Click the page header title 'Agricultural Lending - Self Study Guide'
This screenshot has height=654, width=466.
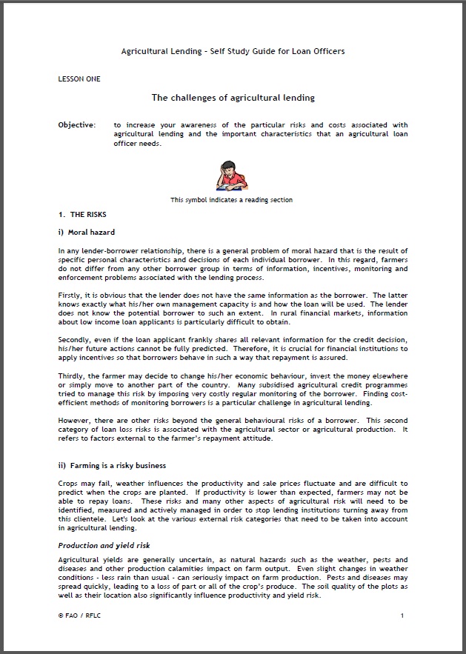(233, 51)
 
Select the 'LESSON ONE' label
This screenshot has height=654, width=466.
(79, 78)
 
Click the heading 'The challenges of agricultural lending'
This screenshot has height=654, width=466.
(233, 98)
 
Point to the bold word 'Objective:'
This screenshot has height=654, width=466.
(77, 125)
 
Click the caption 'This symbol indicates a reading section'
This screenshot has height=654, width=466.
(231, 199)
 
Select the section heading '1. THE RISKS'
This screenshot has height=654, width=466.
(82, 215)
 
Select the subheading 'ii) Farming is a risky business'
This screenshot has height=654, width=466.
(112, 466)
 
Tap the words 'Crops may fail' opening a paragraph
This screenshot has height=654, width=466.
(81, 484)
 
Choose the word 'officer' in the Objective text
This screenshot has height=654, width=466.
(127, 143)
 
